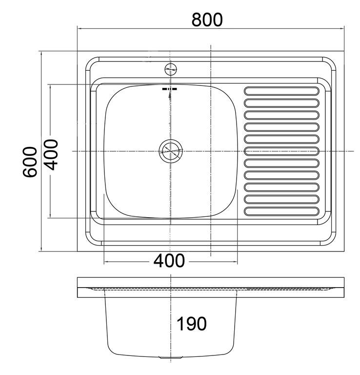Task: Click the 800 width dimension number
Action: point(207,19)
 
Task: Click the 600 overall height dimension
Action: point(31,162)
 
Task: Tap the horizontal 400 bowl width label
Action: point(169,261)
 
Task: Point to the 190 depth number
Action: point(192,323)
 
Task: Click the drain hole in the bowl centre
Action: point(170,151)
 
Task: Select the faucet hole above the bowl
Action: point(170,68)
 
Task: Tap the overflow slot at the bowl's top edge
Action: point(170,90)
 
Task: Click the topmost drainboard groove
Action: point(282,90)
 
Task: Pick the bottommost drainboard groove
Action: point(282,212)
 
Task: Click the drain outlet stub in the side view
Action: point(170,358)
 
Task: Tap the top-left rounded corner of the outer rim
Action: point(91,62)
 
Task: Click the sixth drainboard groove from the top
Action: point(282,151)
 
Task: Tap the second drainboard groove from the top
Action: point(282,103)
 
